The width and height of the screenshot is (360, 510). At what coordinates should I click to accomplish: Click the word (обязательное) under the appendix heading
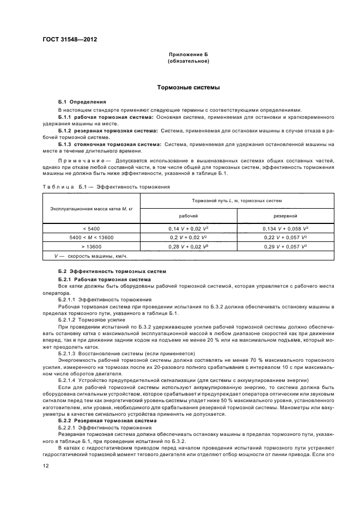[188, 62]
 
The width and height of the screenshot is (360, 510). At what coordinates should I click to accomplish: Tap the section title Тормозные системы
[188, 87]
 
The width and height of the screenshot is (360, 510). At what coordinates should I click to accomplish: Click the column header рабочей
[185, 216]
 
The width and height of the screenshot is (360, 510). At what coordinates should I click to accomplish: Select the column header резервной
[285, 216]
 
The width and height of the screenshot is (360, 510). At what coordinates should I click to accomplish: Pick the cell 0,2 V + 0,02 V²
[185, 238]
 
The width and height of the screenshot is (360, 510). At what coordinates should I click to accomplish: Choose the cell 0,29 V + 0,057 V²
[285, 247]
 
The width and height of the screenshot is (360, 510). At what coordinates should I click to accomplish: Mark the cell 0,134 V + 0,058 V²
[285, 229]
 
